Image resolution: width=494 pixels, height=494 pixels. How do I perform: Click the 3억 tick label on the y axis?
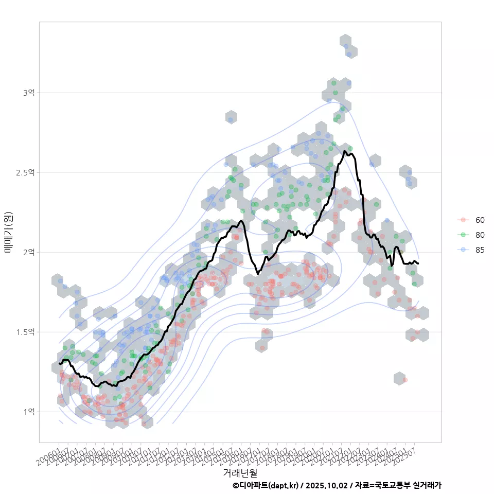pos(28,93)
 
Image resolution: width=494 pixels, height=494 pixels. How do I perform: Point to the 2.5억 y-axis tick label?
pos(25,172)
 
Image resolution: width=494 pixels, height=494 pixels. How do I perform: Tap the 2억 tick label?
pos(28,252)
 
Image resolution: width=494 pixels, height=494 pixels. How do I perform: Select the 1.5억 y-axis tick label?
pos(25,332)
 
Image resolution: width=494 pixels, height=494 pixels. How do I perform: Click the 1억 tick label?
pos(28,412)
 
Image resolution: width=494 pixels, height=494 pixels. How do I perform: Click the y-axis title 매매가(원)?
pos(8,232)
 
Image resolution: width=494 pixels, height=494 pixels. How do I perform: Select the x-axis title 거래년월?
pos(240,472)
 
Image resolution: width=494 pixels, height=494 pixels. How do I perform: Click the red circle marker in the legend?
pos(463,220)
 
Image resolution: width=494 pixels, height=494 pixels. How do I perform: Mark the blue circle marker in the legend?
pos(463,250)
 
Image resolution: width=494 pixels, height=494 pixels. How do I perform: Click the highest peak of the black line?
pos(344,151)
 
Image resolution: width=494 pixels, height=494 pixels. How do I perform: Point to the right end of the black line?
pos(418,263)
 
